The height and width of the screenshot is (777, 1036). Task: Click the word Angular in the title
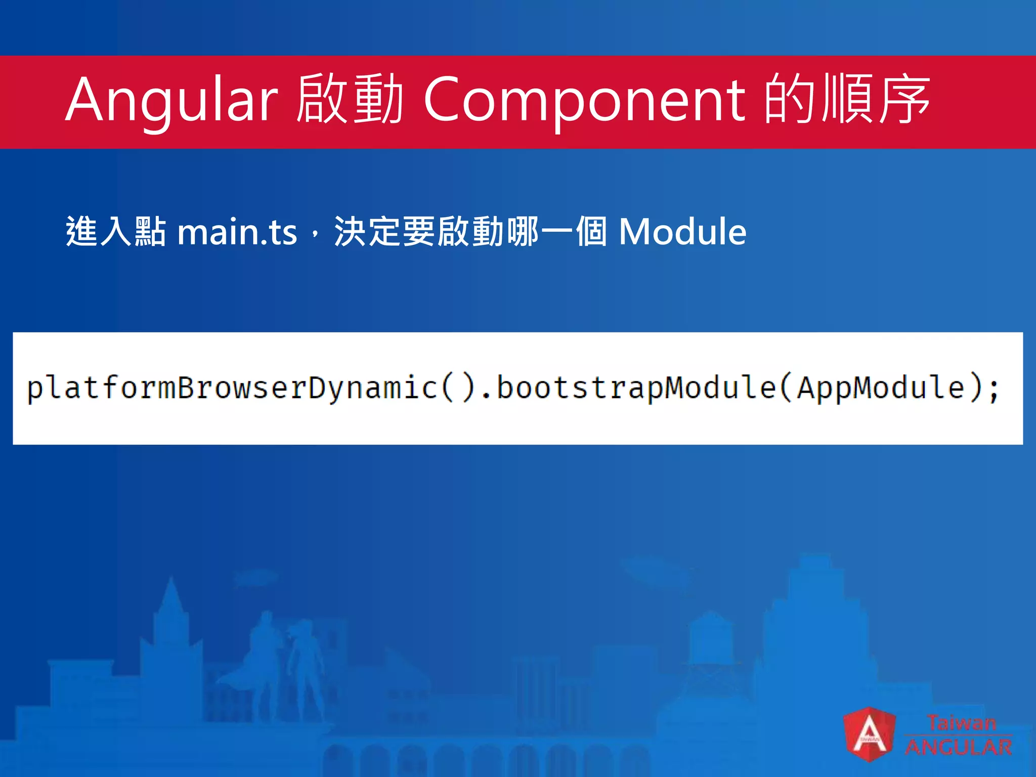coord(171,100)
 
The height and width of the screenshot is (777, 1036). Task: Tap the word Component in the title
coord(584,100)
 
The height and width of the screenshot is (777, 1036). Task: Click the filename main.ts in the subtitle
coord(237,232)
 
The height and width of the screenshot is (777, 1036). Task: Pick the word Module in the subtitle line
coord(682,232)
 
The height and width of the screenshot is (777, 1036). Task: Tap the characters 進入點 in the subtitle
coord(116,232)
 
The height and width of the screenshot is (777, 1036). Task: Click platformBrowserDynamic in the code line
coord(232,388)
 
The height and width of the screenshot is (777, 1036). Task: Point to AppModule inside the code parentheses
coord(881,388)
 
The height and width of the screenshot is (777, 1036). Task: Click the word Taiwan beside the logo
coord(961,722)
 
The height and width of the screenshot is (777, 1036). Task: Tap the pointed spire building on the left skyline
coord(170,622)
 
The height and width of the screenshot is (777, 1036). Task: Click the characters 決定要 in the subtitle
coord(385,232)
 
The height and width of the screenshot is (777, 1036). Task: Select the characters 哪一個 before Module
coord(556,232)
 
